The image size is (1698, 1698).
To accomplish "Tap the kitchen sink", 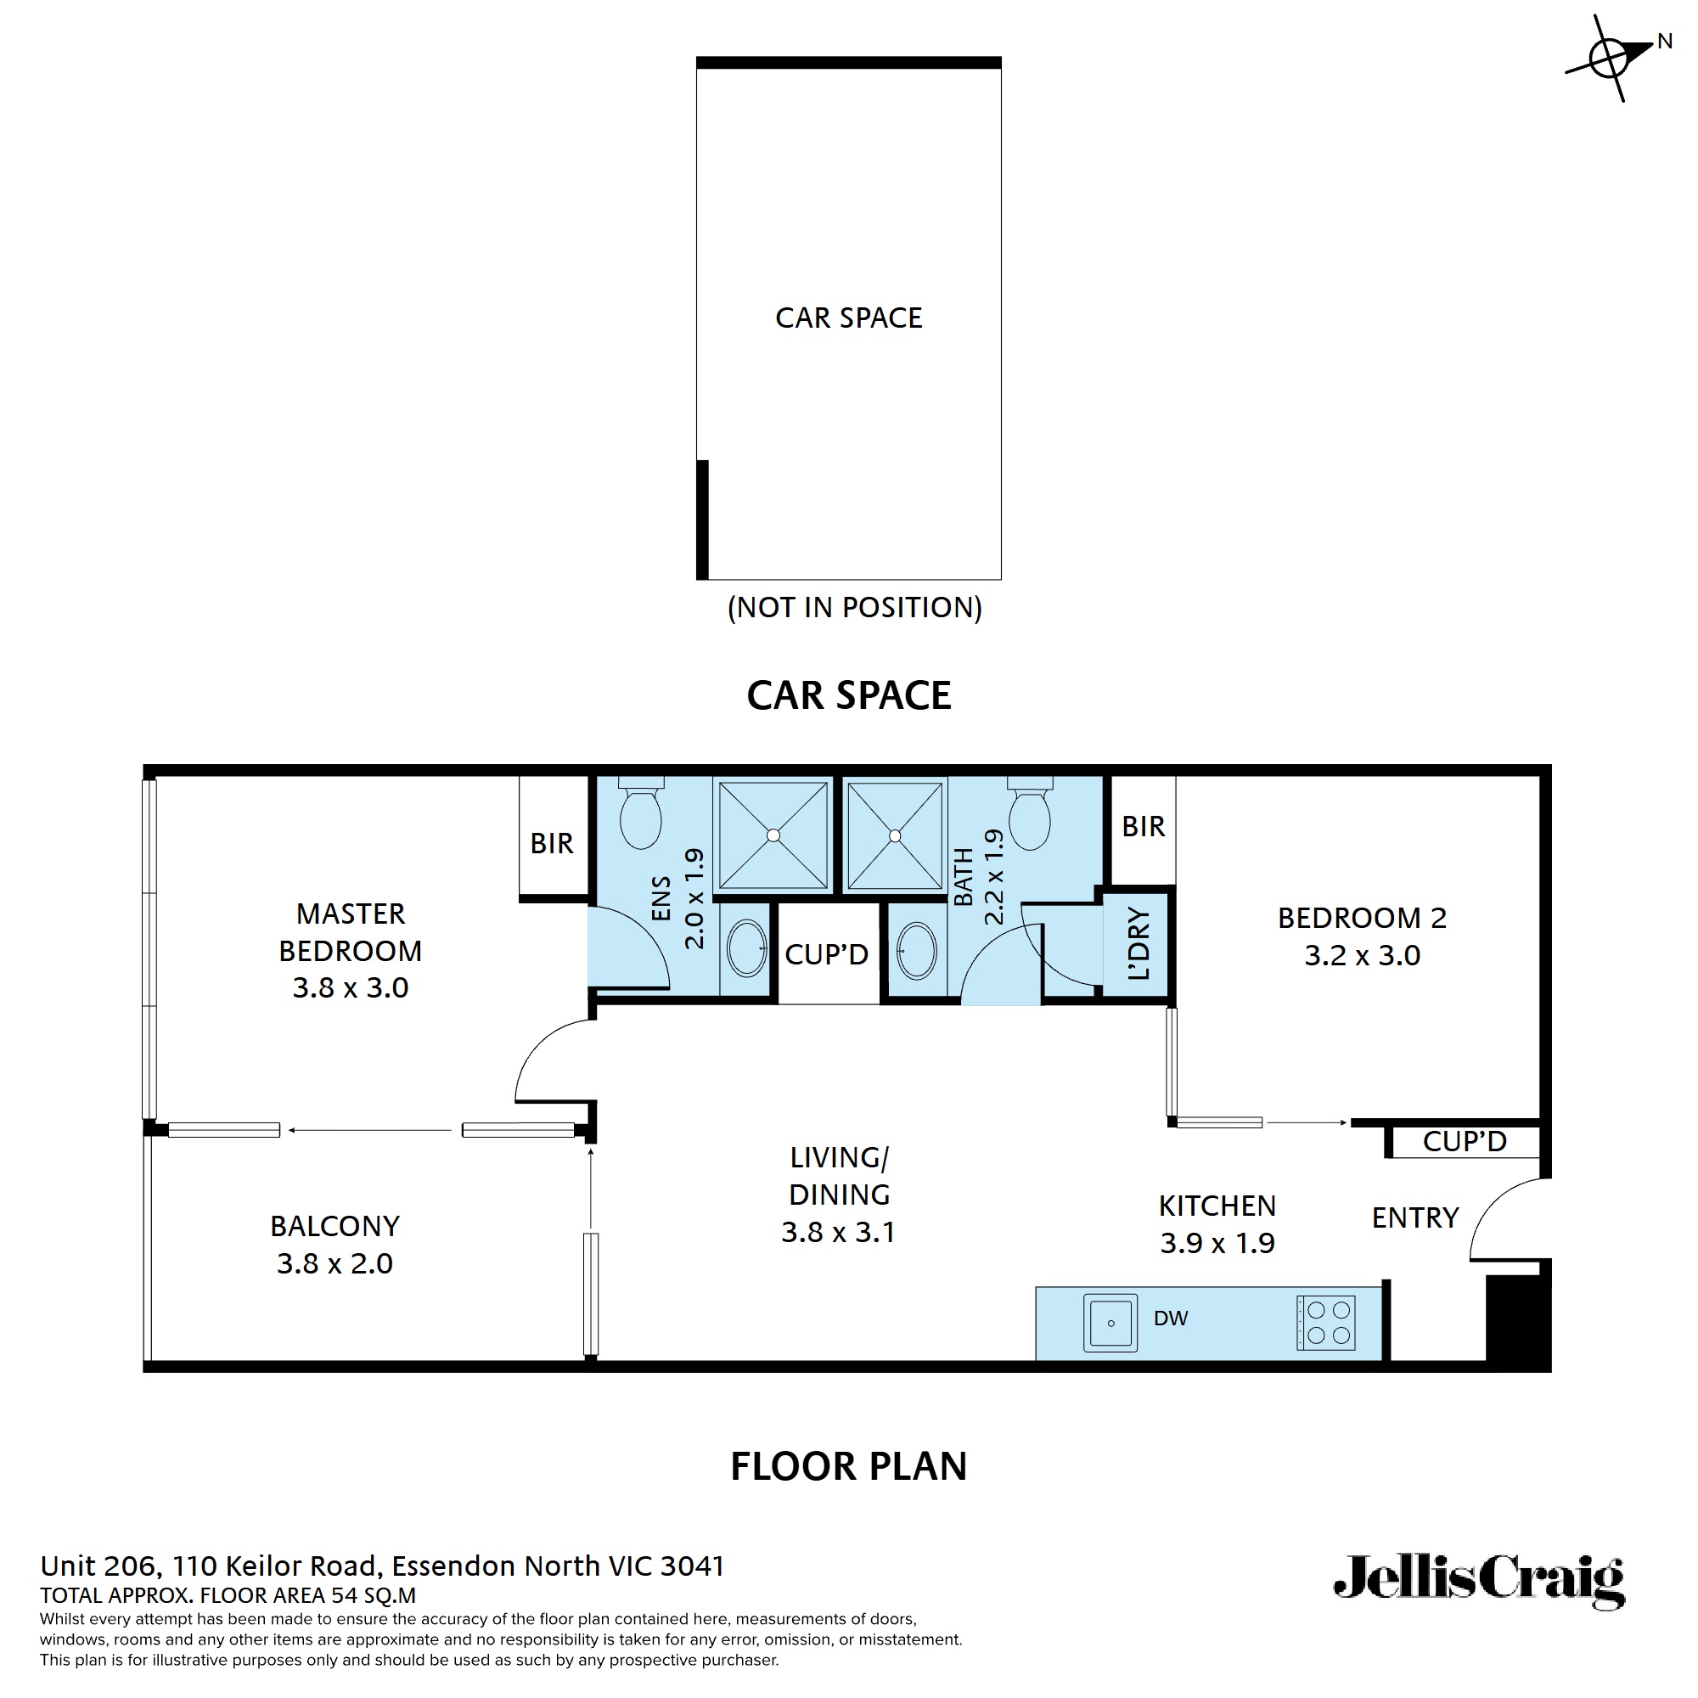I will click(x=1110, y=1322).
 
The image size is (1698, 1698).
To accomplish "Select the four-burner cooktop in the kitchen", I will click(x=1327, y=1322).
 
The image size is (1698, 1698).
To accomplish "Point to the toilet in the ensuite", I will click(x=640, y=813).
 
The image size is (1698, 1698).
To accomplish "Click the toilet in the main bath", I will click(x=1029, y=814).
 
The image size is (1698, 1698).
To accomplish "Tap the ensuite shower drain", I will click(x=773, y=835).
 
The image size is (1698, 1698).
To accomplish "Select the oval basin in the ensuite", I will click(x=746, y=948).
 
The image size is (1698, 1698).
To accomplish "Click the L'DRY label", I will click(x=1139, y=944).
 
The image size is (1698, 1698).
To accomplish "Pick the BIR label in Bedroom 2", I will click(x=1143, y=826).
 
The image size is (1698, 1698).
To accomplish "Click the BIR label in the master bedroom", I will click(x=551, y=844).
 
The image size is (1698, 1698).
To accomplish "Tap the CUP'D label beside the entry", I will click(x=1465, y=1142).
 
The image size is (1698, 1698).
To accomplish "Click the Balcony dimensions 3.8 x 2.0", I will click(x=334, y=1264).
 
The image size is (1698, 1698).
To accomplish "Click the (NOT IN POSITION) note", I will click(x=854, y=607).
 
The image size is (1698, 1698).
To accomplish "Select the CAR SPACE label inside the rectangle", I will click(x=848, y=318).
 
